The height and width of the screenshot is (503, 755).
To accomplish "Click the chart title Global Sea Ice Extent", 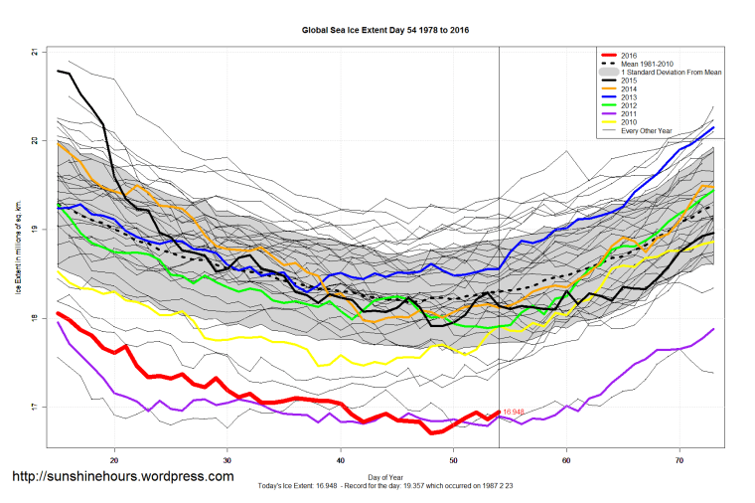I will tap(385, 30).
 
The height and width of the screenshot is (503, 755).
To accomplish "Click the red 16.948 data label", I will tap(514, 412).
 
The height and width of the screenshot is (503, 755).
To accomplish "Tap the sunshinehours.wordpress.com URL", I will tap(122, 476).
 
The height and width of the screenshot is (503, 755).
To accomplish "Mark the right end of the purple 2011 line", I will tap(713, 329).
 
